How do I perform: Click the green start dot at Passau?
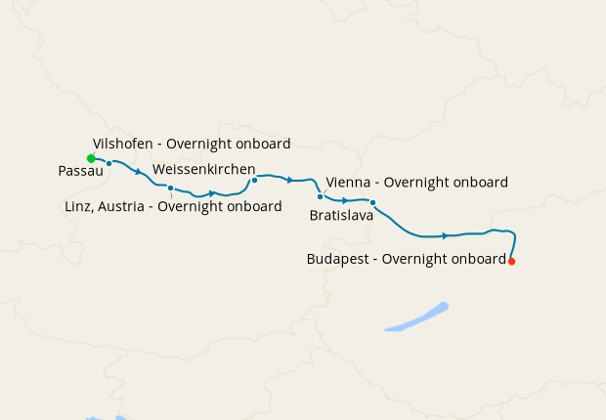91,158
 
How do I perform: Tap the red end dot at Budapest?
511,261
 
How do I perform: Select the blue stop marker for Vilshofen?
109,163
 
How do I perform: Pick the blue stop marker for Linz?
170,188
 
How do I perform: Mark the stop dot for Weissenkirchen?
254,180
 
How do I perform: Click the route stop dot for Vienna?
320,196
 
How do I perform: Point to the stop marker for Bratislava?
372,203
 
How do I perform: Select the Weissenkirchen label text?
204,168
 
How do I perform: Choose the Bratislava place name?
341,215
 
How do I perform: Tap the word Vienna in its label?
348,183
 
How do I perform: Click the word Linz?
79,206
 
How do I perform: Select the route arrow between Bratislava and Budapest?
445,235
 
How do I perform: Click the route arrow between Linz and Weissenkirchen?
211,193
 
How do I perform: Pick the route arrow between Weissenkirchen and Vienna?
290,180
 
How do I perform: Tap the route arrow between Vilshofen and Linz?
139,172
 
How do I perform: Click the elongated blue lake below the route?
417,317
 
